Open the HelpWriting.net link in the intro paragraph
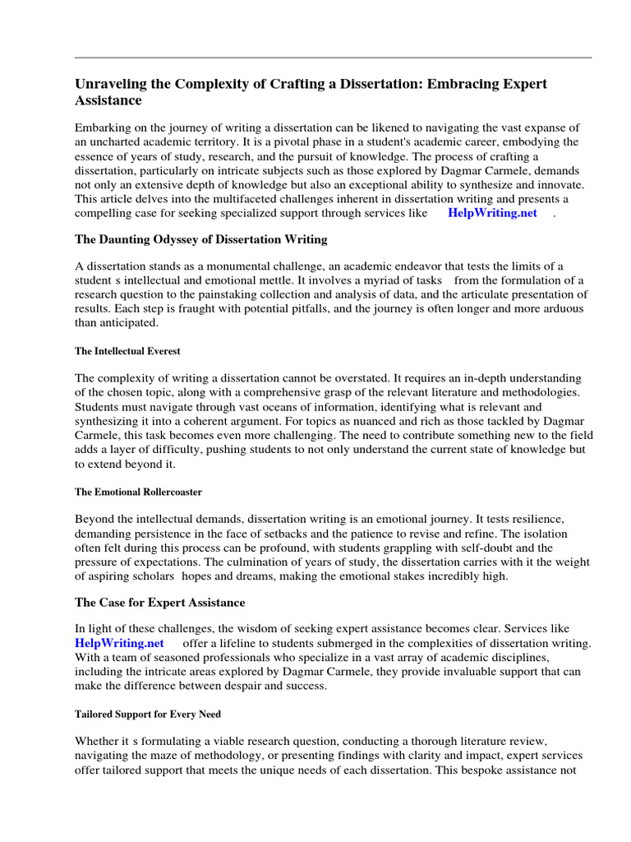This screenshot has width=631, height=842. click(x=492, y=213)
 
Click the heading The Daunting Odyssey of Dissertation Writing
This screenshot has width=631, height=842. click(x=200, y=239)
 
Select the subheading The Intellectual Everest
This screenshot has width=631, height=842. click(x=127, y=351)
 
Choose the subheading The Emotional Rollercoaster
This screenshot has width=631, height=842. click(x=138, y=492)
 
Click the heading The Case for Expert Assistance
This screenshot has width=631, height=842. click(x=159, y=603)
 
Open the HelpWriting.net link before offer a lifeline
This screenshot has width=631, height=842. click(x=119, y=643)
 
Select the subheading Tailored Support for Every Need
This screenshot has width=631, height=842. click(x=148, y=714)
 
